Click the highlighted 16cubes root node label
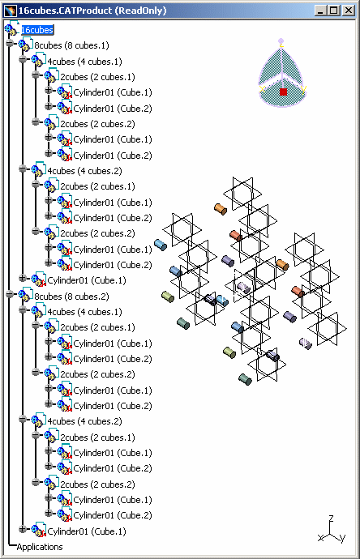[37, 30]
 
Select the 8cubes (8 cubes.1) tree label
[71, 45]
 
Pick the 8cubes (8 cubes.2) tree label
[71, 297]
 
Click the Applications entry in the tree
[40, 547]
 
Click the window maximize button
[333, 11]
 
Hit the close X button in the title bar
[348, 11]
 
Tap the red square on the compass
[283, 92]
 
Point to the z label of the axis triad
[331, 518]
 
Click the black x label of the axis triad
[320, 538]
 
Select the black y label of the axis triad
[342, 538]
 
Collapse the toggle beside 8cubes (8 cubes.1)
[10, 44]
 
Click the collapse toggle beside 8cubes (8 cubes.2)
[10, 294]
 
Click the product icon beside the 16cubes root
[11, 28]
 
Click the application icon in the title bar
[11, 11]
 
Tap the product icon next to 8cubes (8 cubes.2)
[25, 294]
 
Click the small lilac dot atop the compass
[281, 41]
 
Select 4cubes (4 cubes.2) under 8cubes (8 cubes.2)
[84, 421]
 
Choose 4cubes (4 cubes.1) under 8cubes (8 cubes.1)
[84, 62]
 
